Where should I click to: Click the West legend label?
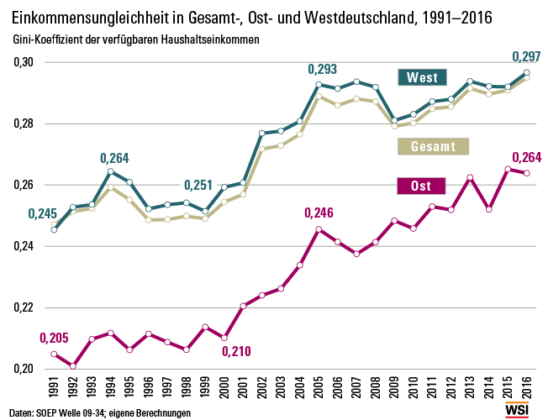421,77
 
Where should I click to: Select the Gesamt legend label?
433,146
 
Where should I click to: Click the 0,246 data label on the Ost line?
319,213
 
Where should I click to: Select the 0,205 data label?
54,338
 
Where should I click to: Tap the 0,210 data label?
236,351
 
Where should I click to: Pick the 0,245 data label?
41,214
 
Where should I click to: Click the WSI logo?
519,409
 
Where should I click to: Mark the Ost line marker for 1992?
73,366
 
